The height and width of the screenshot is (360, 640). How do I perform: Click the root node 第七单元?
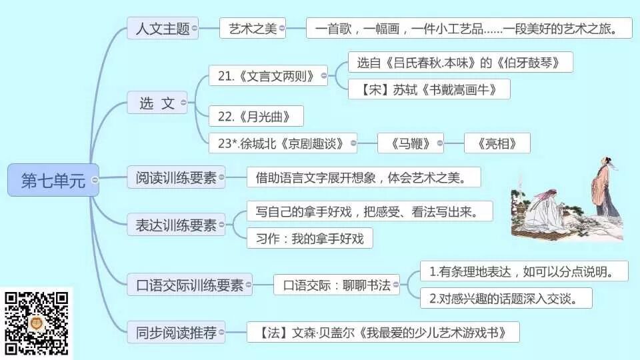53,180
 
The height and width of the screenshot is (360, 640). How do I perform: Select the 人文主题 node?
162,29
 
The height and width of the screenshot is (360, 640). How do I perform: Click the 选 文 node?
157,103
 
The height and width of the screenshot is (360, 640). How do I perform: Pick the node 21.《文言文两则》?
266,75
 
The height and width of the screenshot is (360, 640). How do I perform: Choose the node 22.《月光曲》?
255,116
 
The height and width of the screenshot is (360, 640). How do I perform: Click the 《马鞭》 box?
409,143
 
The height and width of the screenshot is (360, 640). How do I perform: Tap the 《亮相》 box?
497,143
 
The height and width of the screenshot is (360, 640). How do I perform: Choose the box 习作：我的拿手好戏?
309,239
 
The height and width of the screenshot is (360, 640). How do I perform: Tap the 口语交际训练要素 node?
189,285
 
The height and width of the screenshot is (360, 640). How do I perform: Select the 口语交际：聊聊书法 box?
336,285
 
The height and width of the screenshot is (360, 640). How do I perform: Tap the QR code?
37,323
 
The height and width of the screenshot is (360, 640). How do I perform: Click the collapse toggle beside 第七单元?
95,180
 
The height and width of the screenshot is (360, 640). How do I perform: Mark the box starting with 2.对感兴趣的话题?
506,298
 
